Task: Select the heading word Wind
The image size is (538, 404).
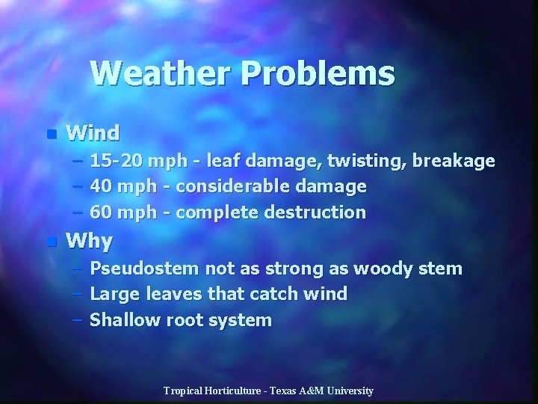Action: tap(93, 133)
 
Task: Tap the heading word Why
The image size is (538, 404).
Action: tap(89, 242)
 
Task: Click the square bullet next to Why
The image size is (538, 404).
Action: tap(51, 242)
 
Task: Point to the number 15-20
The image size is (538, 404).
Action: tap(117, 161)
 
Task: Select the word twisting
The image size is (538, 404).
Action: tap(365, 161)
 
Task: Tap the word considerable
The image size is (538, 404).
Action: tap(229, 186)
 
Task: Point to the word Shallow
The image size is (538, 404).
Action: tap(121, 320)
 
